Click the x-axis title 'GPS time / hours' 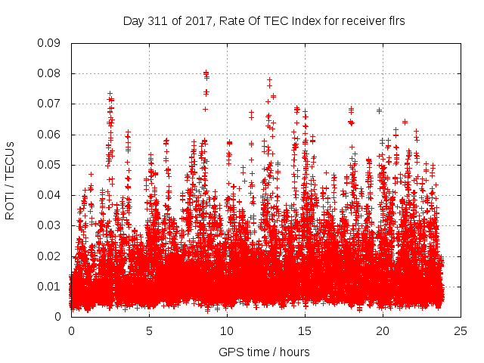[264, 352]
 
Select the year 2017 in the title [196, 21]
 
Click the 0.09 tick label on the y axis [50, 43]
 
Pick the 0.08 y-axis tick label [50, 73]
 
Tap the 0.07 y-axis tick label [50, 104]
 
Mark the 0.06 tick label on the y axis [50, 135]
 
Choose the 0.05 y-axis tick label [50, 165]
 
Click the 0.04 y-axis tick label [50, 195]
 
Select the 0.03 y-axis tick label [50, 225]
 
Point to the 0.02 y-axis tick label [50, 256]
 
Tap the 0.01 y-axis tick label [50, 286]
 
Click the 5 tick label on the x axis [149, 330]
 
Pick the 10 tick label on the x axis [227, 330]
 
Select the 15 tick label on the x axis [305, 330]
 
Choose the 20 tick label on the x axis [383, 330]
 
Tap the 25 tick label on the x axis [461, 330]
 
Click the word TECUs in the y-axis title [11, 159]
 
